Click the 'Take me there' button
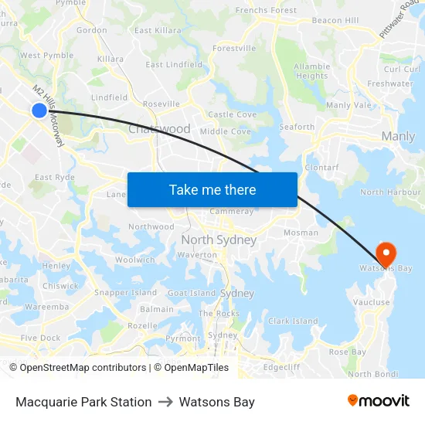(212, 190)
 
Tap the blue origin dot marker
(39, 110)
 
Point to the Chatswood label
(159, 129)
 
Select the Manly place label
(398, 137)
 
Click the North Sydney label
(219, 240)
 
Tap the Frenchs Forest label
(266, 11)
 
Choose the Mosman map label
(301, 233)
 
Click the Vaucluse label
(371, 303)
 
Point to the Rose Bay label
(348, 352)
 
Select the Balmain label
(157, 309)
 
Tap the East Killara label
(158, 31)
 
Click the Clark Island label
(293, 321)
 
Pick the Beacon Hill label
(335, 20)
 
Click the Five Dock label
(40, 338)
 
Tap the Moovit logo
(379, 401)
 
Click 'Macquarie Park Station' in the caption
(83, 402)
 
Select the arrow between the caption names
(165, 402)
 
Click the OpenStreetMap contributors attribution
(77, 368)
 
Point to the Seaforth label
(297, 127)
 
